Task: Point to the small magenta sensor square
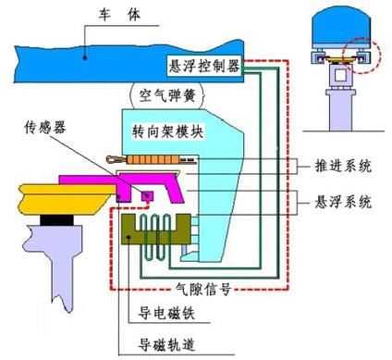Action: (145, 192)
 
